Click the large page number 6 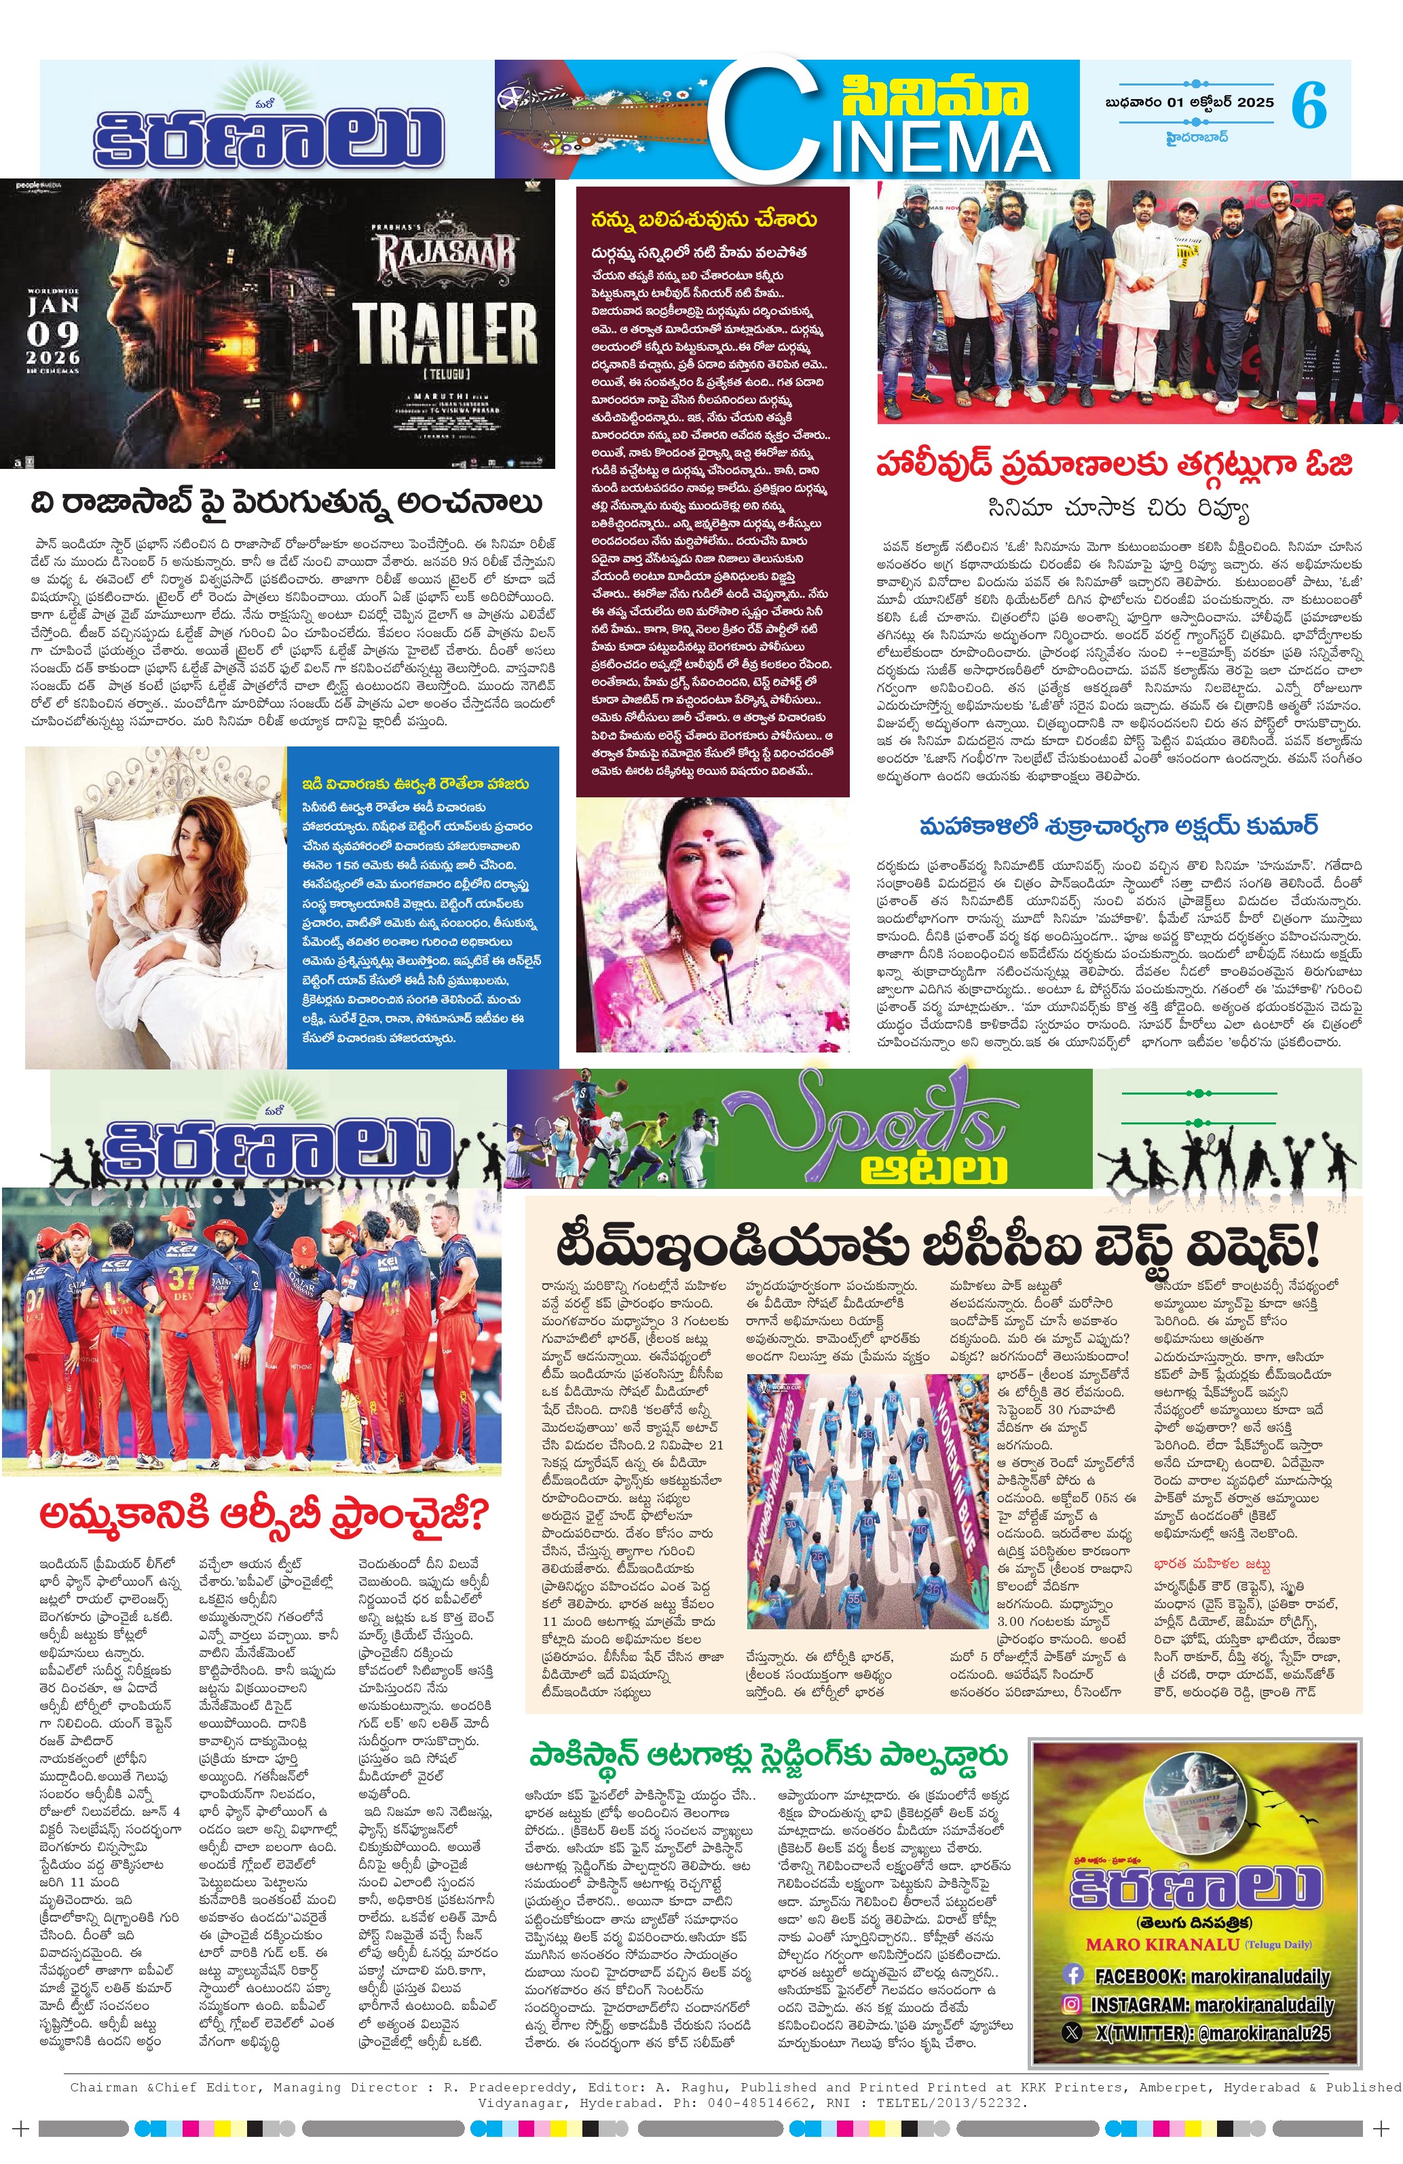click(x=1309, y=105)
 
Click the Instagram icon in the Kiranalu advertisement click(x=1073, y=2004)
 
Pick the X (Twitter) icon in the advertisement click(x=1073, y=2032)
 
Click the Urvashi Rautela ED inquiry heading click(x=415, y=784)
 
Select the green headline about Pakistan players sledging click(x=768, y=1755)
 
